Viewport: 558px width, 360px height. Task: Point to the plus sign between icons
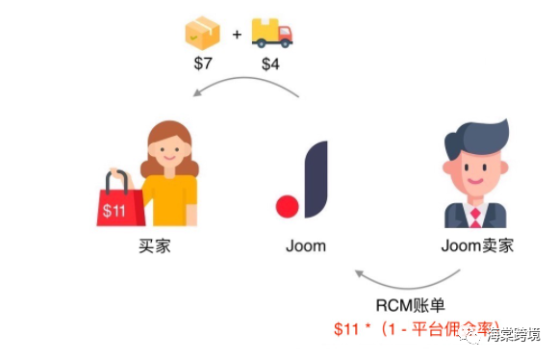click(236, 37)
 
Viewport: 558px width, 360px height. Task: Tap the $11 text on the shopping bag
click(114, 211)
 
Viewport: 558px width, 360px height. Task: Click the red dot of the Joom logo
click(286, 205)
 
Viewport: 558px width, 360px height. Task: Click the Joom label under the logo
click(305, 245)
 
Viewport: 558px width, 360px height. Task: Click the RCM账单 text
click(411, 306)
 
